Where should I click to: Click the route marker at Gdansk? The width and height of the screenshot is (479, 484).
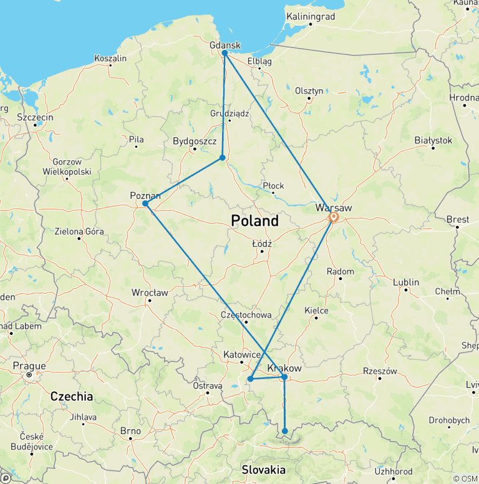pos(225,53)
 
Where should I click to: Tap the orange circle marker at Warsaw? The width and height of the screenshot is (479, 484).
pos(333,217)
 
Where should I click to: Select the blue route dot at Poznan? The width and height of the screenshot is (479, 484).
pos(145,203)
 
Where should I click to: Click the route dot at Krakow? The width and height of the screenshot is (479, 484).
pos(284,377)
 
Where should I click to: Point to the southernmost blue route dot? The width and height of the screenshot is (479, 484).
pos(285,431)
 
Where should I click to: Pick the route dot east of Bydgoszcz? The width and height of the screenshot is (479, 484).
pos(223,158)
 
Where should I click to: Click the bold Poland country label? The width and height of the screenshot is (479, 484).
pos(254,221)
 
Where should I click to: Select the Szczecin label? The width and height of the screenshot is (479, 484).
pos(35,117)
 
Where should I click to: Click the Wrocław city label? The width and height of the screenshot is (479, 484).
pos(150,292)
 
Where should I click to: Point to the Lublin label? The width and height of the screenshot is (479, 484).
pos(406,282)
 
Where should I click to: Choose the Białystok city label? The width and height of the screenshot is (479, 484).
pos(433,140)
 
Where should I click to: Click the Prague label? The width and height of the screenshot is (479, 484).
pos(29,366)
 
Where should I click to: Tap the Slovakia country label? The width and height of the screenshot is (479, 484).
pos(263,470)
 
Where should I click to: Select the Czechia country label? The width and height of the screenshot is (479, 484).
pos(71,396)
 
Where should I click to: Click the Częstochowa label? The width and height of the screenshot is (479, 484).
pos(246,315)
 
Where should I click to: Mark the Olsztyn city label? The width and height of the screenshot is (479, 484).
pos(309,90)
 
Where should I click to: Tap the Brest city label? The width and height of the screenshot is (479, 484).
pos(457,220)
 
